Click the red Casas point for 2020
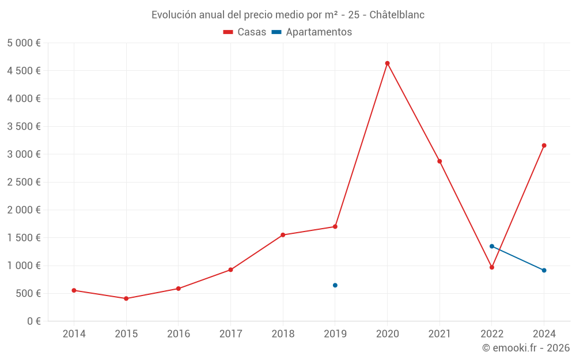(x=387, y=63)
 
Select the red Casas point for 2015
(x=126, y=298)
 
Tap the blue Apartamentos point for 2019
(x=335, y=285)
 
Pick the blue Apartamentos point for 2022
(x=492, y=246)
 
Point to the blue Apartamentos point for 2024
(x=544, y=270)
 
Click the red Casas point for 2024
(x=544, y=145)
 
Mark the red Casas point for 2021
(x=439, y=161)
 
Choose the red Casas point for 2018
(x=283, y=235)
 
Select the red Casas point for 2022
(x=492, y=267)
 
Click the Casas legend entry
(x=245, y=32)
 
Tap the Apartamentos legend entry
(x=312, y=32)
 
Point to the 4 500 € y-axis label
(x=24, y=71)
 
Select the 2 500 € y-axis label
(x=24, y=182)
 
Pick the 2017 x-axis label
(x=230, y=334)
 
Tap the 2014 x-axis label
(x=74, y=334)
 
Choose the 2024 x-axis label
(x=544, y=334)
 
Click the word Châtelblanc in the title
(x=397, y=15)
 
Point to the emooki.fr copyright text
(x=526, y=348)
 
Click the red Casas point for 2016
(x=179, y=289)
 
